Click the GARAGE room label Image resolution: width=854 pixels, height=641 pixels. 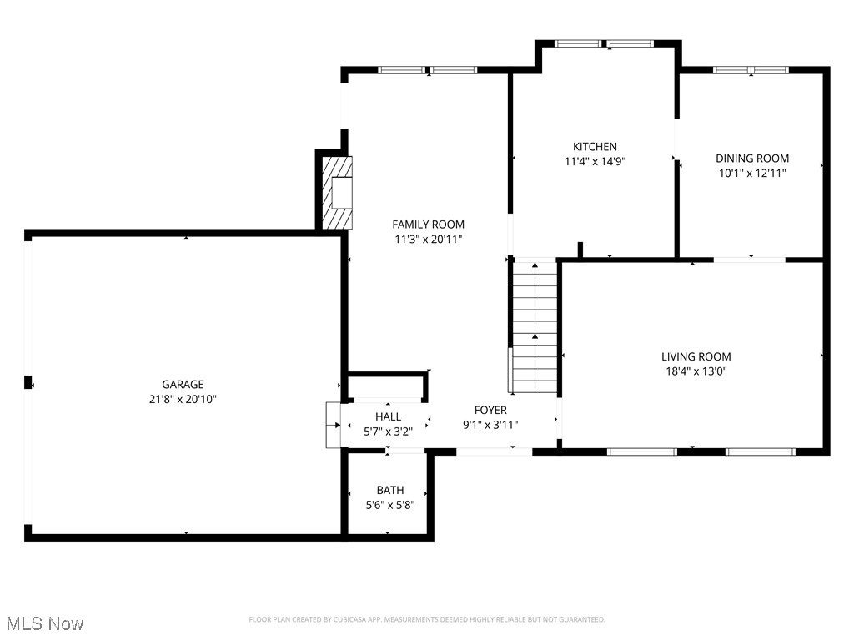(x=183, y=385)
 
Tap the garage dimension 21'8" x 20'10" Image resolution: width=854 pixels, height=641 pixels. (x=183, y=399)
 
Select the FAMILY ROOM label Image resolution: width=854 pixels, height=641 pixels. (x=428, y=225)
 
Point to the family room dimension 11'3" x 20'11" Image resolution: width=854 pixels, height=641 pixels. (x=428, y=240)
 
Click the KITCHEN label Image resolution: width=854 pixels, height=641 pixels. (x=595, y=147)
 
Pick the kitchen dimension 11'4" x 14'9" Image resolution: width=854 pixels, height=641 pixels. (x=595, y=162)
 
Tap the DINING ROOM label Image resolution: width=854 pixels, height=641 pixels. (x=752, y=159)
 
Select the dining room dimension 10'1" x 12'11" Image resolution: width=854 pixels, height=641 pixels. (x=752, y=174)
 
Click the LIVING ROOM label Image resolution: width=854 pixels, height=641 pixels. (x=696, y=356)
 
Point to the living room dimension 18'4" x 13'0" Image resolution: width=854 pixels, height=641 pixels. (x=696, y=371)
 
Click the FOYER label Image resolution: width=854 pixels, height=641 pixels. (x=490, y=410)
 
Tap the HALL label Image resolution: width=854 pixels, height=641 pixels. (x=388, y=416)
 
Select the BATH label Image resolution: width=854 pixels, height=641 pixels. (x=389, y=490)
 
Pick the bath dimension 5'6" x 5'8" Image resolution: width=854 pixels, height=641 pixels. (x=389, y=505)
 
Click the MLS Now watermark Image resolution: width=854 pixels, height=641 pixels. (x=45, y=623)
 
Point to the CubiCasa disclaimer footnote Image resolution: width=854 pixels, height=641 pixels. (x=427, y=619)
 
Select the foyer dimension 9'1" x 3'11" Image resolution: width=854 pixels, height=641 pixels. (x=490, y=425)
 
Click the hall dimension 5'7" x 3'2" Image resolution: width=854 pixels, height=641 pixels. (x=388, y=432)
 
